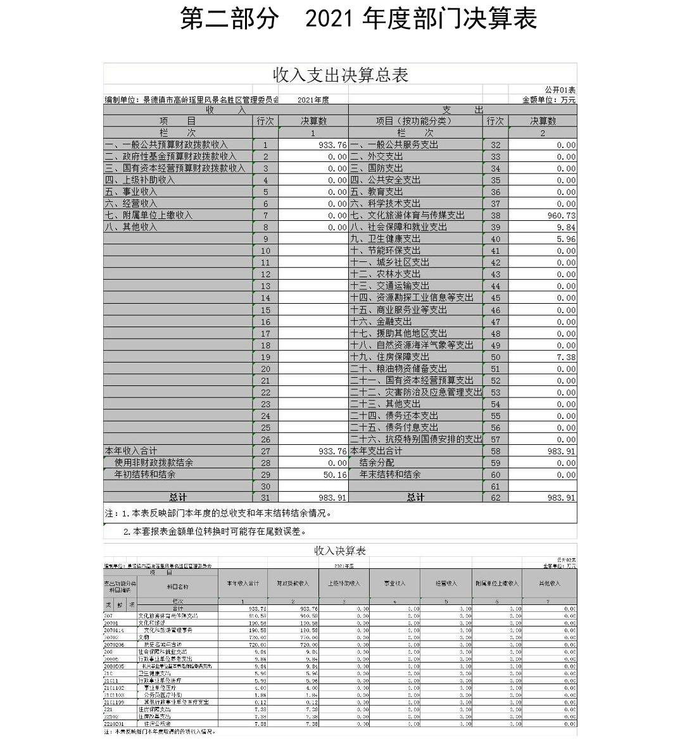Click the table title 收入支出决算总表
pos(340,75)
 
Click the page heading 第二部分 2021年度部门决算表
pos(358,18)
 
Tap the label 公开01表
pos(560,90)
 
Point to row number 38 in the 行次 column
pos(495,216)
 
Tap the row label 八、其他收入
pos(131,227)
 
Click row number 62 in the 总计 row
pos(495,498)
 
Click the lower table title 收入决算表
pos(340,551)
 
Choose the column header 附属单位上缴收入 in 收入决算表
pos(497,583)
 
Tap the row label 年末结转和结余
pos(390,475)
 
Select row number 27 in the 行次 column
pos(265,451)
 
